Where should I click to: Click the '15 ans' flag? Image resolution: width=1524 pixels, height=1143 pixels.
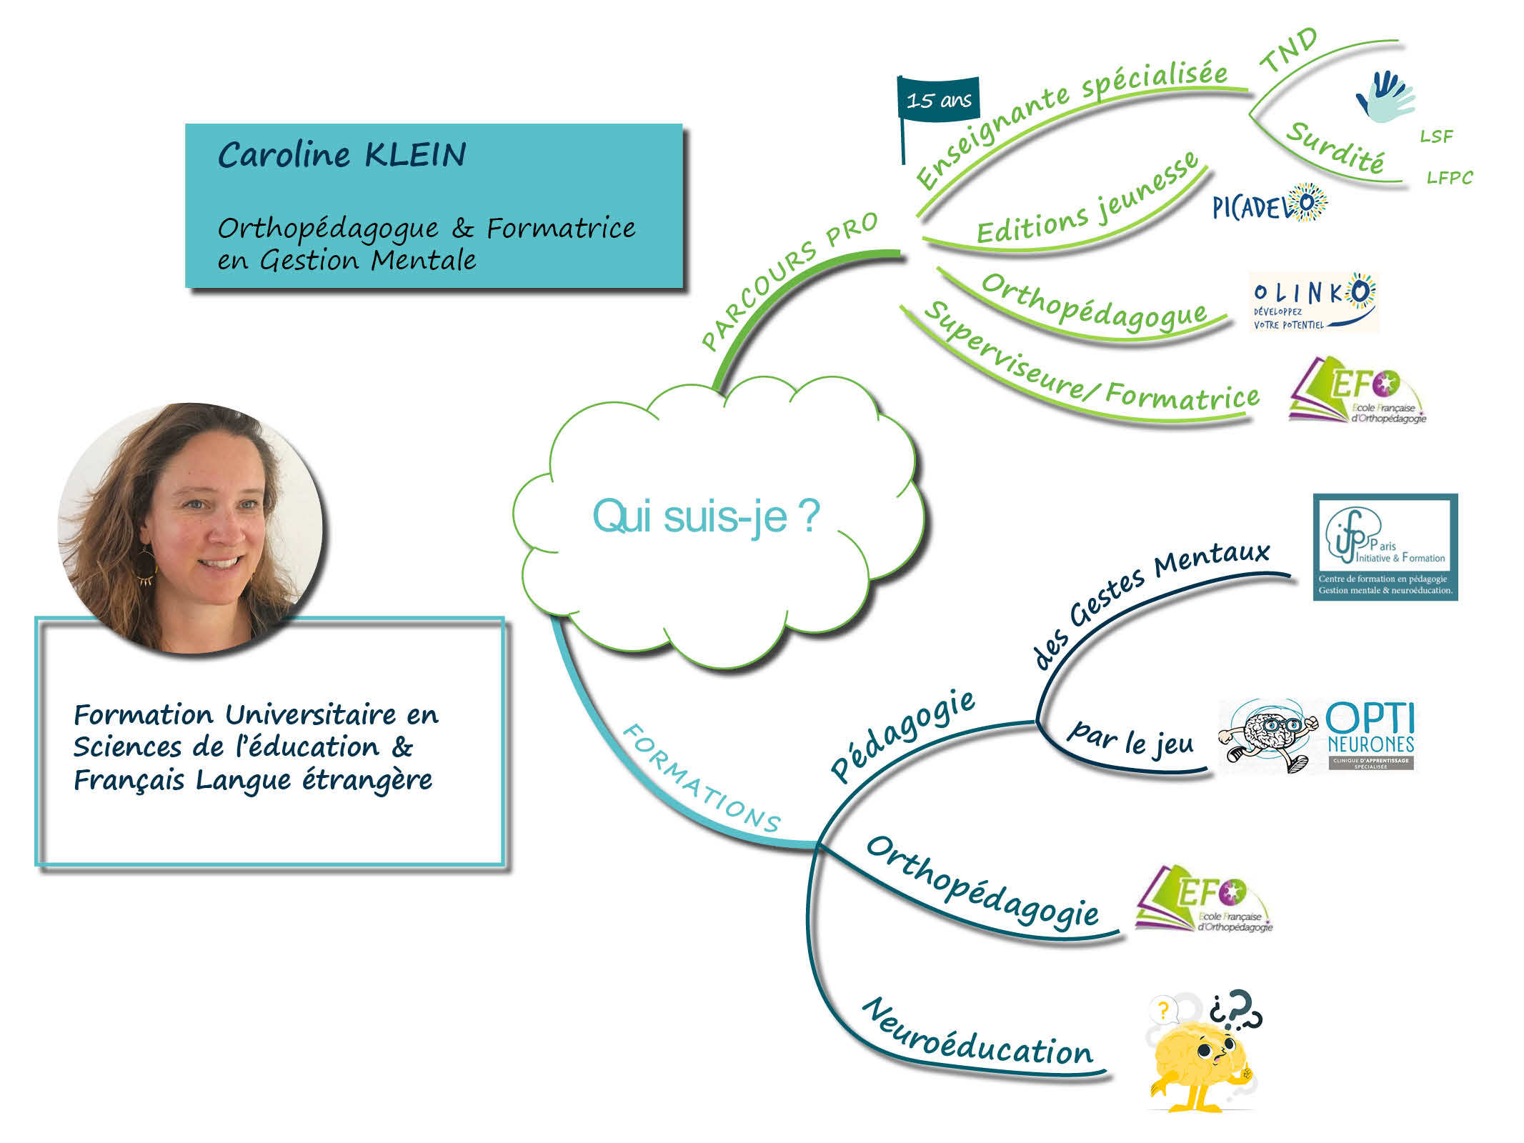pyautogui.click(x=938, y=99)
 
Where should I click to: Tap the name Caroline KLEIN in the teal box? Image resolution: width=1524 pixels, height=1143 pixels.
pyautogui.click(x=342, y=155)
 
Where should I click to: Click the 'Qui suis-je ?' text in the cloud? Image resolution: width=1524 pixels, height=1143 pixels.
pyautogui.click(x=706, y=516)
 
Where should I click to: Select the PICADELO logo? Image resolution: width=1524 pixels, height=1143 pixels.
pyautogui.click(x=1270, y=204)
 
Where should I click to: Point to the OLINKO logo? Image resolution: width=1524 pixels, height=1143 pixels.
pyautogui.click(x=1313, y=301)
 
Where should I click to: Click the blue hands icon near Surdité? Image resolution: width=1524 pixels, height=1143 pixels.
pyautogui.click(x=1385, y=96)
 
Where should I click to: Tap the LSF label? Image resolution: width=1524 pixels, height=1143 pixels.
pyautogui.click(x=1436, y=136)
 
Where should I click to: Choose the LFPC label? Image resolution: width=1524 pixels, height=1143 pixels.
pyautogui.click(x=1450, y=177)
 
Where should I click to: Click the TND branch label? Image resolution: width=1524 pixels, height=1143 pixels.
pyautogui.click(x=1288, y=49)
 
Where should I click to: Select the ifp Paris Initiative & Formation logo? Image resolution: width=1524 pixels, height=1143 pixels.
pyautogui.click(x=1385, y=547)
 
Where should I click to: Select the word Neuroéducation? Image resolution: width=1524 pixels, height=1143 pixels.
pyautogui.click(x=978, y=1035)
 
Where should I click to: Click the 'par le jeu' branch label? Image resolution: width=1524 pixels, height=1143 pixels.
pyautogui.click(x=1130, y=740)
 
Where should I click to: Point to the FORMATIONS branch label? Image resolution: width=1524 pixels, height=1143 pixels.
pyautogui.click(x=702, y=779)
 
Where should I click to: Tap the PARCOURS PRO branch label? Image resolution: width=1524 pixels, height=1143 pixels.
pyautogui.click(x=789, y=281)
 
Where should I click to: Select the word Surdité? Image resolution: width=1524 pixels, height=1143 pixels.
pyautogui.click(x=1335, y=146)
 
